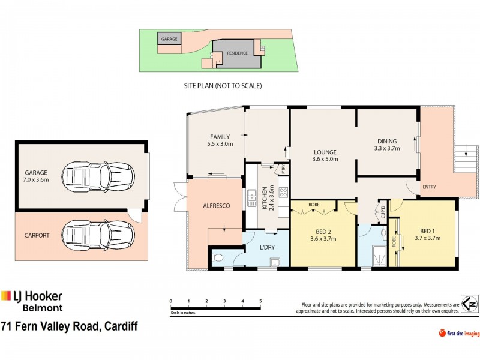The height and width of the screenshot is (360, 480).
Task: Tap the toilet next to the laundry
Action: click(218, 258)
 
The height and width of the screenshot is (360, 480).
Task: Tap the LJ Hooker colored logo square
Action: click(7, 296)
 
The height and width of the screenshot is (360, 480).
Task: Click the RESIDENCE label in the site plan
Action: click(237, 53)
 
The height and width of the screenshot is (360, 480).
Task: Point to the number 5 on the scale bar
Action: click(260, 301)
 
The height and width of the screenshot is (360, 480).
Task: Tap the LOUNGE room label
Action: click(324, 152)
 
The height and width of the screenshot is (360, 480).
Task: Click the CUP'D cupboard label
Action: click(382, 212)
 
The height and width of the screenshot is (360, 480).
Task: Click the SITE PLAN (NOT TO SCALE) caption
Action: click(223, 86)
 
